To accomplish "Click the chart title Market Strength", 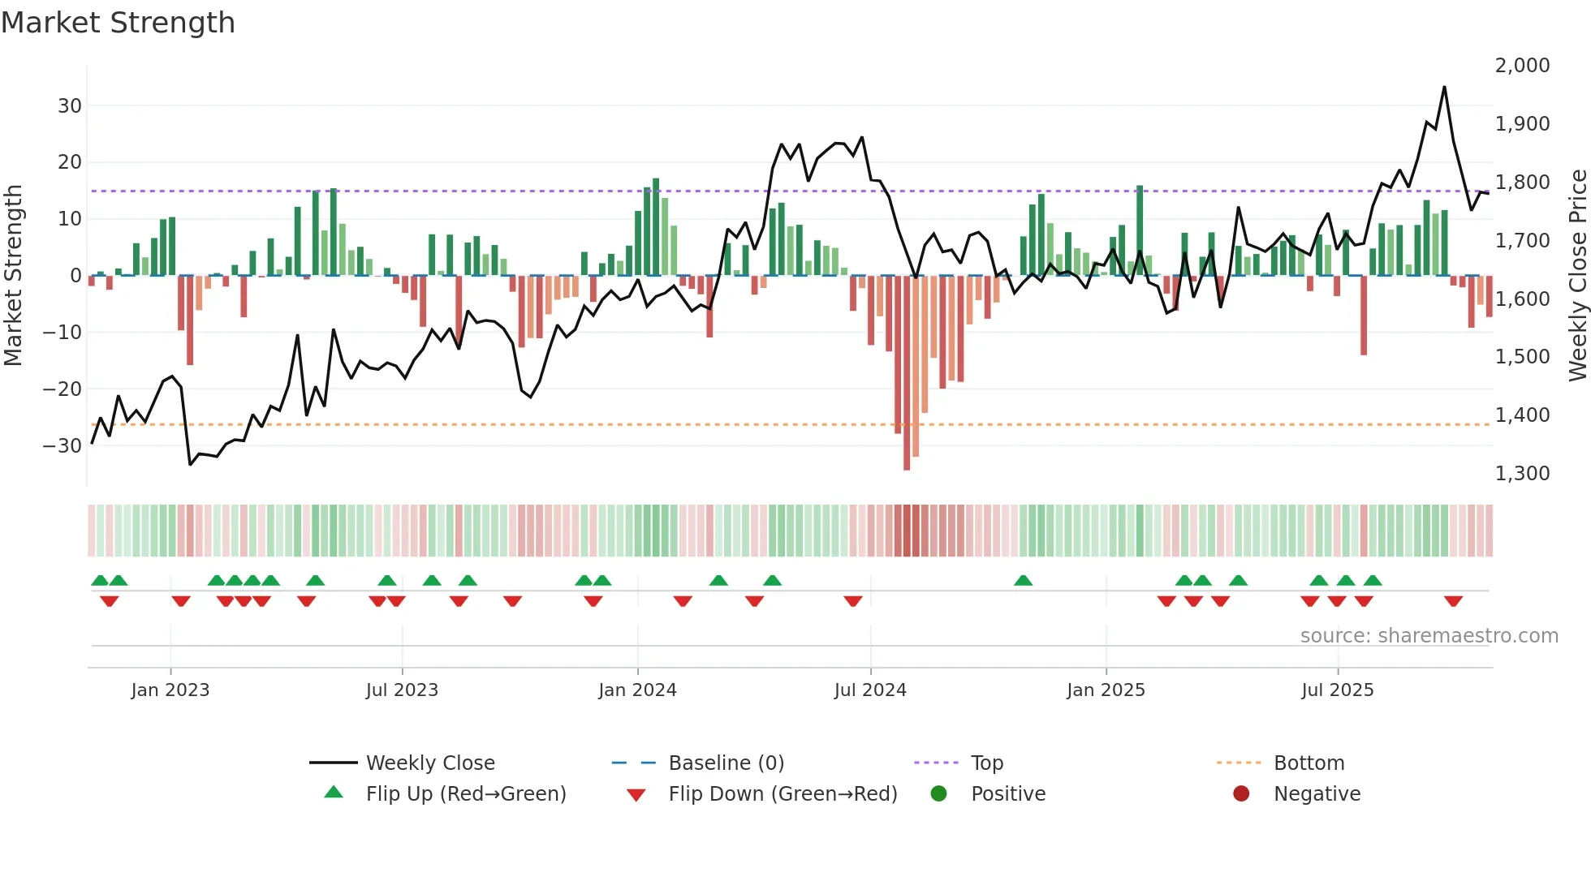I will tap(118, 23).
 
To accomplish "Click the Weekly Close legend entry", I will tap(429, 763).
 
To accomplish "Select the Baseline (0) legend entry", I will tap(726, 763).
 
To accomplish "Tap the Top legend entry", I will tap(986, 763).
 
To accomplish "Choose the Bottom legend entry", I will tap(1309, 763).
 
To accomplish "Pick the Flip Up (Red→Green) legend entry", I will tap(465, 793).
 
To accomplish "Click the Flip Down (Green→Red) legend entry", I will tap(783, 793).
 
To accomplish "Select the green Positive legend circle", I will tap(939, 793).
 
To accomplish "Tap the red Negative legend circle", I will tap(1241, 793).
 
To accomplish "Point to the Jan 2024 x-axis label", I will tap(637, 690).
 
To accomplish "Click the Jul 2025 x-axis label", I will tap(1337, 690).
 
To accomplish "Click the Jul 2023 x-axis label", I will tap(402, 690).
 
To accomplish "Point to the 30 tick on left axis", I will tap(70, 105).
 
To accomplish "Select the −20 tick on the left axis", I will tap(63, 389).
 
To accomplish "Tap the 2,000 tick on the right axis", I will tap(1522, 65).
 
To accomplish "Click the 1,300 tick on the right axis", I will tap(1522, 473).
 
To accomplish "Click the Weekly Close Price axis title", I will tap(1577, 275).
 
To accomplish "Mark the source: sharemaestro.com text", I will tap(1429, 635).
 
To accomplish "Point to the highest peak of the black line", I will tap(1444, 87).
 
